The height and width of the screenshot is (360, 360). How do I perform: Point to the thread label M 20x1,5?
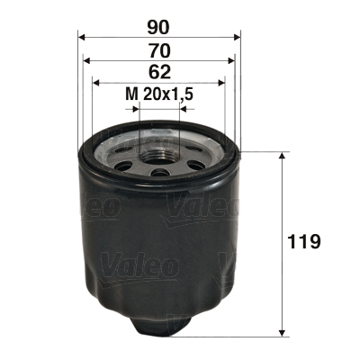(160, 93)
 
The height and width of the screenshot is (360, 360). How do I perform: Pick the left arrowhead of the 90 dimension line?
(82, 37)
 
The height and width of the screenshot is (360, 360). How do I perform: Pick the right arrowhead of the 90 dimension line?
(238, 37)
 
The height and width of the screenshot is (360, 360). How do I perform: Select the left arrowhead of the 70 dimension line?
(87, 60)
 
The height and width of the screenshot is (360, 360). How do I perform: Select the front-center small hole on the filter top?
(159, 172)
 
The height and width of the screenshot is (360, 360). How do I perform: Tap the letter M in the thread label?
(130, 93)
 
